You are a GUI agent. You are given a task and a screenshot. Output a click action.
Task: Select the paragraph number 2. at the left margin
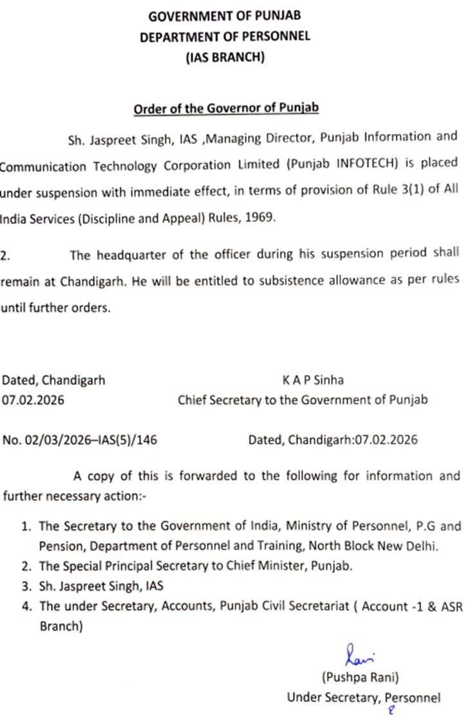[5, 256]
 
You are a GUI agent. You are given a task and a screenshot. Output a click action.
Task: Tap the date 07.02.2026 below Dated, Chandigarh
[33, 400]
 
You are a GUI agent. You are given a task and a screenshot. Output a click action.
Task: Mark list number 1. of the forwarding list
[27, 526]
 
